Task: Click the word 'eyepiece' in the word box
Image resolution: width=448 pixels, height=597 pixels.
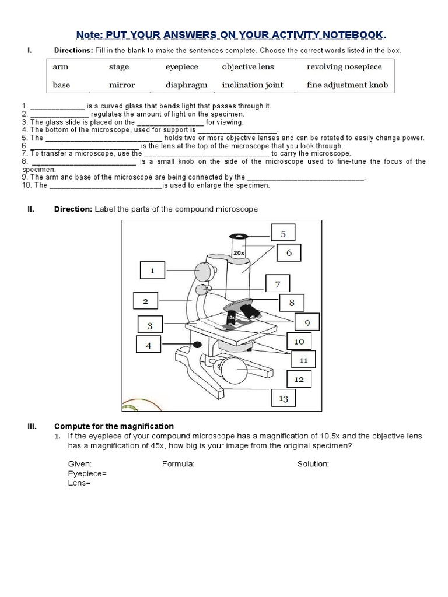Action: click(x=181, y=67)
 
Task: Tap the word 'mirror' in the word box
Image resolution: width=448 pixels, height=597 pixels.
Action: click(x=122, y=85)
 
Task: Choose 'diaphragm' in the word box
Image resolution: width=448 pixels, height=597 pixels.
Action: click(x=186, y=85)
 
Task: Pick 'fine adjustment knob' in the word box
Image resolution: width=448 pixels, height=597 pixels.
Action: click(x=347, y=85)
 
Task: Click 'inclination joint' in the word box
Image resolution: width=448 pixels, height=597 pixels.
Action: click(x=253, y=85)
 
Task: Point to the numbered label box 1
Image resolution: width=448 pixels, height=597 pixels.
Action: click(x=152, y=271)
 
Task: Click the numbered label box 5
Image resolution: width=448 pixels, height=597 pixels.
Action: click(x=283, y=234)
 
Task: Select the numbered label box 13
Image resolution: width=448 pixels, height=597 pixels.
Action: click(x=283, y=399)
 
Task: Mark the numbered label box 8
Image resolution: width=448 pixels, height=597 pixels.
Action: click(x=292, y=303)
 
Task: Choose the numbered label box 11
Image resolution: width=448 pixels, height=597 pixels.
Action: click(x=303, y=360)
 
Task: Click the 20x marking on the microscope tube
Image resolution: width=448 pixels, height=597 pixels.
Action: click(x=239, y=254)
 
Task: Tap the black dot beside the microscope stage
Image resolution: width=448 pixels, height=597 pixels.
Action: click(x=198, y=345)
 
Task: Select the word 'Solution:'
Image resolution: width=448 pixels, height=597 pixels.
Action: click(x=313, y=464)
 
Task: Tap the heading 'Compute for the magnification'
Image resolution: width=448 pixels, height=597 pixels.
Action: click(x=114, y=426)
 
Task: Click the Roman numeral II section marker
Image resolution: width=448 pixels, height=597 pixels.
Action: click(x=30, y=209)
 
